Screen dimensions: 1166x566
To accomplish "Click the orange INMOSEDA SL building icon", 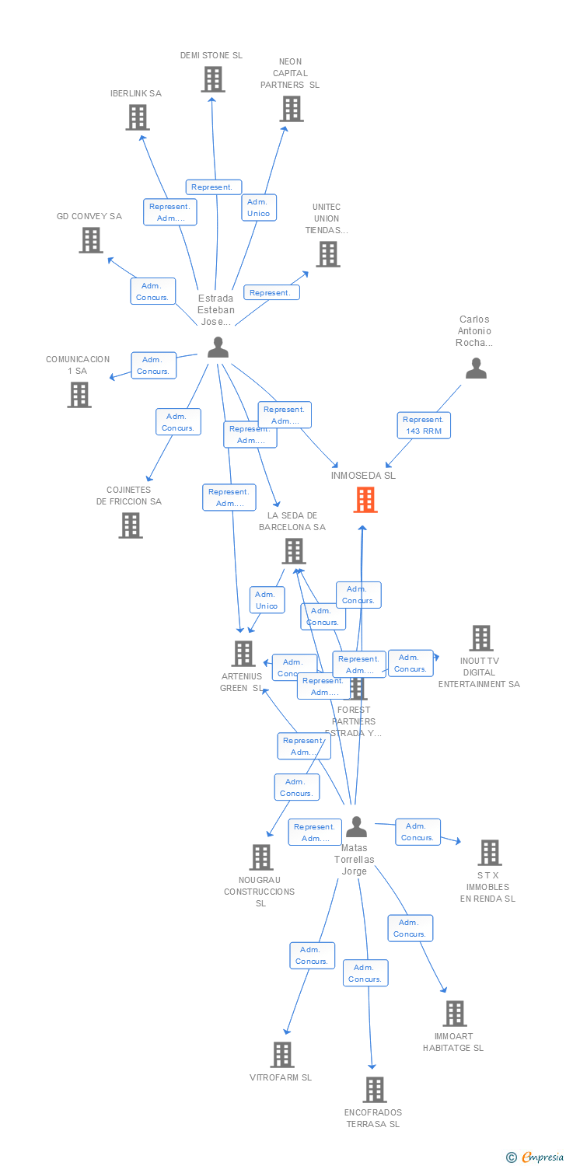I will coord(365,500).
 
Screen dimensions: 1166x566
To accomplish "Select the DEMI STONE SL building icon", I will coord(213,79).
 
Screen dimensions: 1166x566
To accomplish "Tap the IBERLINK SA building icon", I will coord(138,117).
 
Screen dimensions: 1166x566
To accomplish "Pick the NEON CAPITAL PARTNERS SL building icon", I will coord(292,109).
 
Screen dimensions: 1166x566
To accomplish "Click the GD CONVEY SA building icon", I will coord(91,240).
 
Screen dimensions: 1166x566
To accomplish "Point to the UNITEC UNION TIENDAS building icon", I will coord(327,254).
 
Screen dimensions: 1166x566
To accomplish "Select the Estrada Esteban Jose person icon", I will coord(218,347).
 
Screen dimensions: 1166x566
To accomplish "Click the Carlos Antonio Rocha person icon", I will coord(476,368).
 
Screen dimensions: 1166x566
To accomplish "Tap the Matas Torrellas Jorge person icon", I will coord(356,826).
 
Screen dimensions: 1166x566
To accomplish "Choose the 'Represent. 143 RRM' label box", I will coord(424,425).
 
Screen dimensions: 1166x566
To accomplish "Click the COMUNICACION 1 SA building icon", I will coord(79,395).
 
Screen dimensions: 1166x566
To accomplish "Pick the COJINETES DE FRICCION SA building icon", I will coord(131,525).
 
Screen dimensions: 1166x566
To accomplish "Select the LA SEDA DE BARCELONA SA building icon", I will coord(294,551).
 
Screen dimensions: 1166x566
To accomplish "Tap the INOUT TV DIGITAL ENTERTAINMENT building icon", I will coord(481,638).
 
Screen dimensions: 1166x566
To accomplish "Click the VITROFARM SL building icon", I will coord(282,1055).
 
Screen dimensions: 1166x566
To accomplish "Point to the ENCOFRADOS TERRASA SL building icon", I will coord(375,1090).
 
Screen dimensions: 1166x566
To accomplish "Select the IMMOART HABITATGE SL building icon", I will coord(455,1014).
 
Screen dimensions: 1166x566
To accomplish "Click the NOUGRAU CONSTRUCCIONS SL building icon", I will coord(261,857).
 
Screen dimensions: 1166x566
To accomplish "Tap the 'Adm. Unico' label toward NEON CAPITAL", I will coord(258,208).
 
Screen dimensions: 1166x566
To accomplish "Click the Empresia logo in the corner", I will coord(536,1157).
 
